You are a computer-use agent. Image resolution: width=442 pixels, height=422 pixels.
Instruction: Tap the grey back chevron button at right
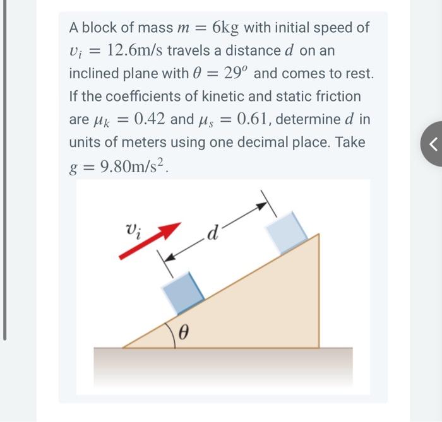(433, 144)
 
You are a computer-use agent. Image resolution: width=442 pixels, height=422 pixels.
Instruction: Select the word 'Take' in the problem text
(349, 143)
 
